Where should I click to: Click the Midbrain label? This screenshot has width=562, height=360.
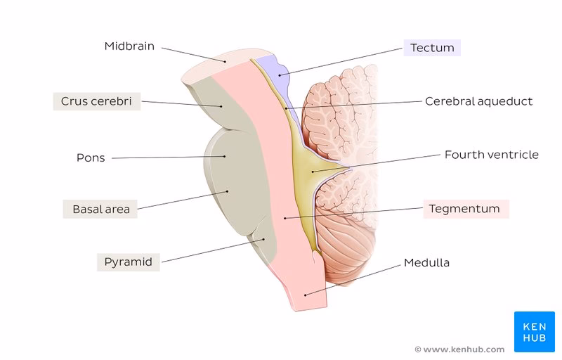[x=129, y=46]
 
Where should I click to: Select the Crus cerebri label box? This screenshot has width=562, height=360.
[x=96, y=101]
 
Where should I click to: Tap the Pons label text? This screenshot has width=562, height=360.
[x=91, y=157]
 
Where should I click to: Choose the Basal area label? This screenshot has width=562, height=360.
[x=101, y=209]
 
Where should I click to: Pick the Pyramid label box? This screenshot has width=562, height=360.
[x=128, y=262]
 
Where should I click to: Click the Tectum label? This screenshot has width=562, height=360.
[x=432, y=48]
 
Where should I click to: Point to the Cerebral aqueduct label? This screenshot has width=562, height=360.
[x=478, y=101]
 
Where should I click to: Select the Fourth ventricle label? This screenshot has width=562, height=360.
[x=491, y=154]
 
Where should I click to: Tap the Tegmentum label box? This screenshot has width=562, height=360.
[x=466, y=209]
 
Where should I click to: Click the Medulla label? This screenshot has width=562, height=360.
[x=426, y=263]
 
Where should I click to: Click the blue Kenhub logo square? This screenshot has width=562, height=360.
[x=534, y=331]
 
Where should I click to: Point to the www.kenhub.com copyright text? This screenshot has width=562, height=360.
[x=459, y=349]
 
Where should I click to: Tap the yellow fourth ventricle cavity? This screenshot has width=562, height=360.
[x=308, y=167]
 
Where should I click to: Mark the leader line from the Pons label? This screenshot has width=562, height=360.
[x=169, y=157]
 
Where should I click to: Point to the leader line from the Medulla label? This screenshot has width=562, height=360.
[x=351, y=280]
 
